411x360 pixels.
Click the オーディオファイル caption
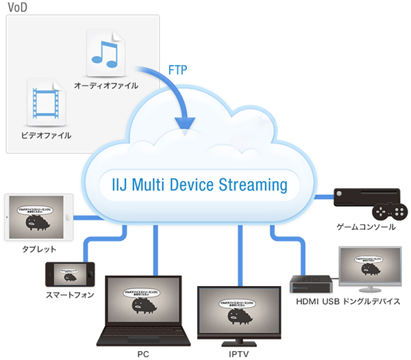click(x=106, y=86)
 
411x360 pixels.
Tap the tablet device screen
click(x=38, y=216)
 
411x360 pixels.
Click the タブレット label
click(x=38, y=250)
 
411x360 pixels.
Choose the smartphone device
click(x=68, y=274)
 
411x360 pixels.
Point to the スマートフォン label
click(x=68, y=296)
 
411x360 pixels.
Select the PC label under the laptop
click(x=142, y=353)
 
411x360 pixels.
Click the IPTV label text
click(x=238, y=353)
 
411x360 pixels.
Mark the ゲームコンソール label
click(x=366, y=227)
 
